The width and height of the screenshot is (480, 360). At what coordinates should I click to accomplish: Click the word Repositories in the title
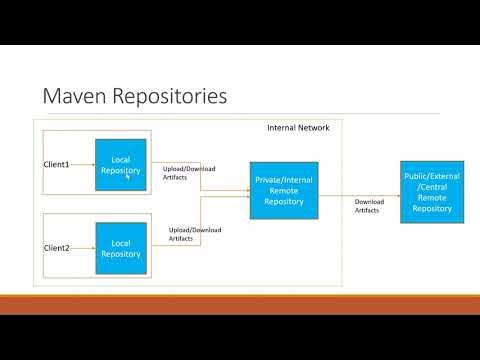point(170,96)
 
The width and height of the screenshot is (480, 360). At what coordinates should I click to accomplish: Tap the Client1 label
point(56,164)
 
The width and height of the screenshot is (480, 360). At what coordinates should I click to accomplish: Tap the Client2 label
point(56,247)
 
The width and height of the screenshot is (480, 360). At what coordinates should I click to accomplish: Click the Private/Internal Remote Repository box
point(284,190)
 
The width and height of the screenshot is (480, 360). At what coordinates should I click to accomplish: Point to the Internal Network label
point(298,128)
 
